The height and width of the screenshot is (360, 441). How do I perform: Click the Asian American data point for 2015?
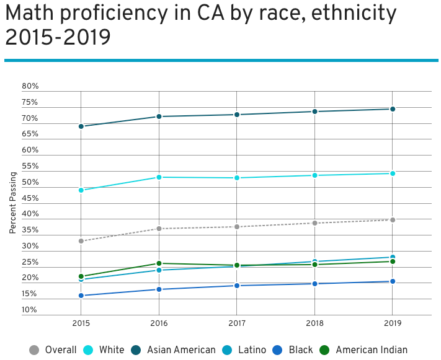coord(81,126)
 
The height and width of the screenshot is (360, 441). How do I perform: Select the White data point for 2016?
coord(159,177)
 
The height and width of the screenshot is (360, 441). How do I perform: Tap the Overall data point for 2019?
coord(392,220)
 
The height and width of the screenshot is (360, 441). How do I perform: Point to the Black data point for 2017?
coord(236,286)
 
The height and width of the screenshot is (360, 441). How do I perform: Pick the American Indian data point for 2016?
coord(159,263)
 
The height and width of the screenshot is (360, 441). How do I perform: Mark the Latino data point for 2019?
coord(392,257)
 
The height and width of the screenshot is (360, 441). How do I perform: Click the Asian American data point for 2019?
coord(392,109)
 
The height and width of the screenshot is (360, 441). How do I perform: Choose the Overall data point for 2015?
coord(81,241)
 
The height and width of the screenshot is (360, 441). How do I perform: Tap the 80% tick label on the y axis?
coord(30,86)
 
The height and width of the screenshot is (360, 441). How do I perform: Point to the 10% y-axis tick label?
coord(30,310)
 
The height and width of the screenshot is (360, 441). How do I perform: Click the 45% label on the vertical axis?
coord(30,198)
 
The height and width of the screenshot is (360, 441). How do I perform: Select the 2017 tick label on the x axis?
coord(236,323)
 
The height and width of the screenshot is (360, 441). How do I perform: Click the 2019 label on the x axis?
coord(392,323)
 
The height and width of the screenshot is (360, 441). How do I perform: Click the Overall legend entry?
coord(53,350)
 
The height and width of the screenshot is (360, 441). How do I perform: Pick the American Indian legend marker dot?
coord(324,350)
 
